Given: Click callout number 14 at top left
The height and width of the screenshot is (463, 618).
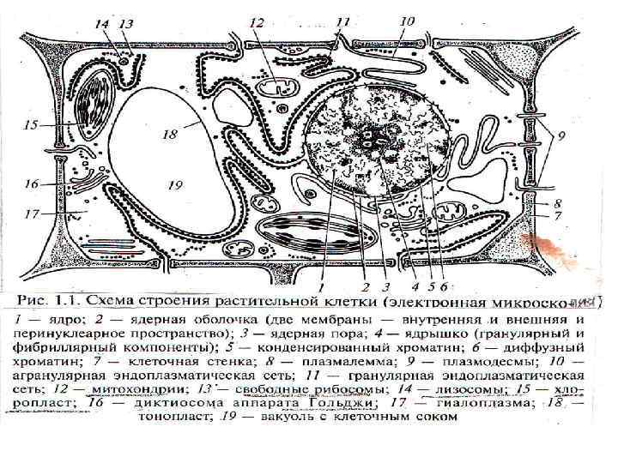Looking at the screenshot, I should coord(102,24).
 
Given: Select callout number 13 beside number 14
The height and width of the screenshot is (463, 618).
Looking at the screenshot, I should coord(126,24).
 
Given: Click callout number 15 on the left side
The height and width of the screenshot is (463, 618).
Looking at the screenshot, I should coord(32,125).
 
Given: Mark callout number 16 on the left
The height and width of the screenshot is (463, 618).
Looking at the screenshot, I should coord(32,183).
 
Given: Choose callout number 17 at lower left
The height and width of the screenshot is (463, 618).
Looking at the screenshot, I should coord(32,213).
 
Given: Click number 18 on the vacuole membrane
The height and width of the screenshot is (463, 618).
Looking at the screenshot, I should coord(170,134).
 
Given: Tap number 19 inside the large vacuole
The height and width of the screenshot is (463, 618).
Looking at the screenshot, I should coord(176,184).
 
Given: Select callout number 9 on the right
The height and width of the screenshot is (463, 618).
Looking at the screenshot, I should coord(561,135).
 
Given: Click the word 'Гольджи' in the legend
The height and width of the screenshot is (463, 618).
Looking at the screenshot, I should coord(340,403).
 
